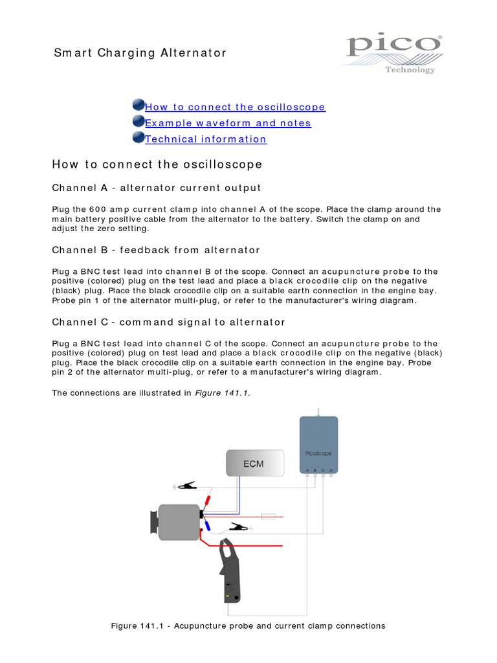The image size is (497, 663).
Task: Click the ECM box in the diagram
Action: pos(254,464)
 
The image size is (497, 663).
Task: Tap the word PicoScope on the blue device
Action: pos(318,453)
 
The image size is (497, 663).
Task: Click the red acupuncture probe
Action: pos(207,501)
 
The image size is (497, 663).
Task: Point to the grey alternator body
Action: pos(179,522)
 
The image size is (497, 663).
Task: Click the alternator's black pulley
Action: pos(154,522)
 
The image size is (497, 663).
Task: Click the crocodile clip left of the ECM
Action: pos(187,485)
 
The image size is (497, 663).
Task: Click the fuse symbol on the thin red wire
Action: pos(267,517)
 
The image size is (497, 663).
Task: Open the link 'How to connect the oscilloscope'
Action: pos(235,107)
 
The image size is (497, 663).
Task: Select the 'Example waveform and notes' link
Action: pos(228,123)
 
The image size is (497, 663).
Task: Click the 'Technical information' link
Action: pos(206,139)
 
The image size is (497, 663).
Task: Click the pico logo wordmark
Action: pos(392,47)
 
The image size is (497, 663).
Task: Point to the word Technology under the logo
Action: pos(410,70)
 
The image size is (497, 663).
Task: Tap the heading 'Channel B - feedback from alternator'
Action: pos(156,250)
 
